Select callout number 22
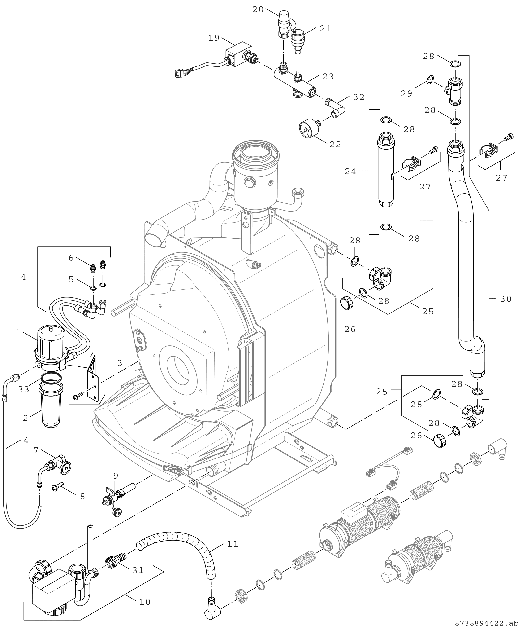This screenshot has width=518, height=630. [335, 144]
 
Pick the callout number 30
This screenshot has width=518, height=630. [505, 299]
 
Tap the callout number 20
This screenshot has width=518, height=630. [258, 9]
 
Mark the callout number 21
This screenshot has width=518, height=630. [326, 28]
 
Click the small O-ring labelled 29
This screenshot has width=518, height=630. [429, 80]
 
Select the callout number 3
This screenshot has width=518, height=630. [119, 363]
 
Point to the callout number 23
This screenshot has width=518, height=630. [328, 77]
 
